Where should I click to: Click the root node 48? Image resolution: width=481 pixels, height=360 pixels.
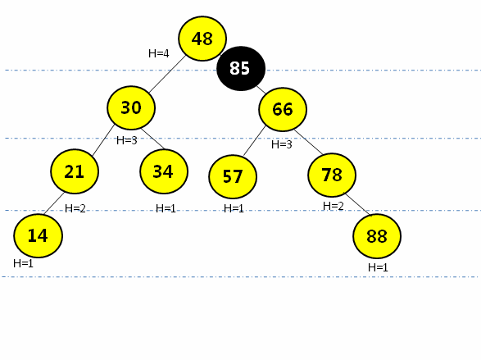[202, 39]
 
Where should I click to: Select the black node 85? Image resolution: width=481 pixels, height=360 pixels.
[241, 68]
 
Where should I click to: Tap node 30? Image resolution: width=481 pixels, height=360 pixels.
[131, 107]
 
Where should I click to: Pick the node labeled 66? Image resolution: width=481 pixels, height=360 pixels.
[283, 110]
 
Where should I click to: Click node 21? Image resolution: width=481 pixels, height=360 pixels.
[75, 171]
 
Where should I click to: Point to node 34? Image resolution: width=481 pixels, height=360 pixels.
[164, 171]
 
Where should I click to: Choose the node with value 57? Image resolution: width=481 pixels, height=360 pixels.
[233, 176]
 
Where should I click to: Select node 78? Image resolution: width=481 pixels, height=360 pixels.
[332, 175]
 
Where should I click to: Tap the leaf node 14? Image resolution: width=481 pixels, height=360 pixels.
[38, 235]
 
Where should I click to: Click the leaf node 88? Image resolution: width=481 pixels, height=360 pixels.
[377, 236]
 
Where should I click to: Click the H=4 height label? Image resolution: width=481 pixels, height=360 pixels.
[159, 53]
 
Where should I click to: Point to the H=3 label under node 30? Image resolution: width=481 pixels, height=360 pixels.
[127, 140]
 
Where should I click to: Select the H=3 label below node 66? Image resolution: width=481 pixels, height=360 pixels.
[282, 144]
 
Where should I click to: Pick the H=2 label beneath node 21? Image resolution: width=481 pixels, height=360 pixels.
[75, 208]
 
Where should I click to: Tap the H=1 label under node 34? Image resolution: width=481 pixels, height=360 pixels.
[166, 208]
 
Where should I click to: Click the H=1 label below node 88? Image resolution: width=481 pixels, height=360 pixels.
[378, 267]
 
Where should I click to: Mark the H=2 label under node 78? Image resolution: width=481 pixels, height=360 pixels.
[334, 206]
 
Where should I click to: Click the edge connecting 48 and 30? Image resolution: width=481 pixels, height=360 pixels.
[167, 74]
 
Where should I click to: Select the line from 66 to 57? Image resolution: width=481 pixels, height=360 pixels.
[254, 140]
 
